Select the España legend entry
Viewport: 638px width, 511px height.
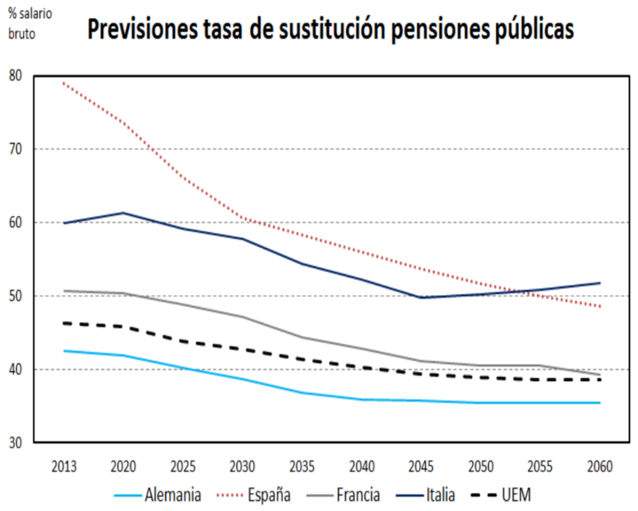[x=268, y=496]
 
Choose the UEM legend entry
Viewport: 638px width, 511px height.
[x=516, y=496]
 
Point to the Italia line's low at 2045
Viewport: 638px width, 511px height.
[x=420, y=297]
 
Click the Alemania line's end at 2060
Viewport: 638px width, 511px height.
[x=599, y=402]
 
